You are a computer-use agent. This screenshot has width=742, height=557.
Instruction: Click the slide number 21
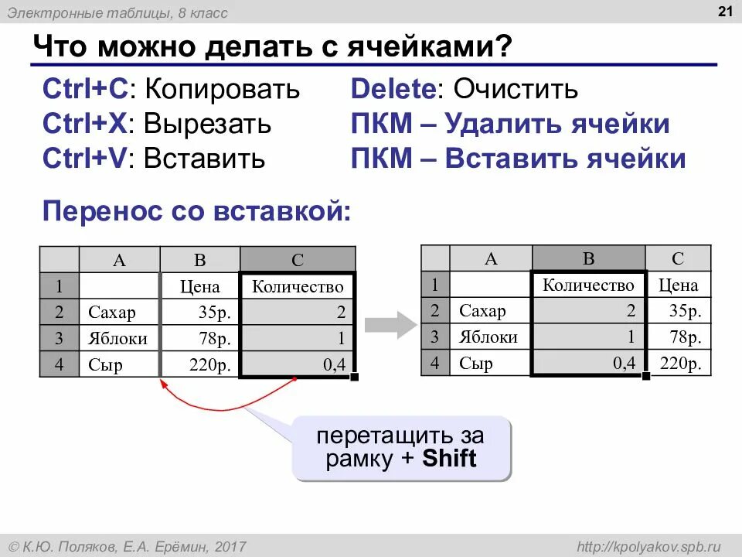pyautogui.click(x=725, y=11)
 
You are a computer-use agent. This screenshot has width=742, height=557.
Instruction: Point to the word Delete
pyautogui.click(x=392, y=89)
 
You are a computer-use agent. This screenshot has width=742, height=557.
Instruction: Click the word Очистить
pyautogui.click(x=516, y=89)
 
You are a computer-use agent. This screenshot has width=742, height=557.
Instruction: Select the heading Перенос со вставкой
pyautogui.click(x=196, y=210)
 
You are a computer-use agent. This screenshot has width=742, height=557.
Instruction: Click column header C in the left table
pyautogui.click(x=298, y=260)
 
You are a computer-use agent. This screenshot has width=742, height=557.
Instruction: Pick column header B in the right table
pyautogui.click(x=588, y=258)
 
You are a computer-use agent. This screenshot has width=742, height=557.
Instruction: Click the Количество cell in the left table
pyautogui.click(x=298, y=287)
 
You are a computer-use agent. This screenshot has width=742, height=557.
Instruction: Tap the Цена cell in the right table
pyautogui.click(x=678, y=285)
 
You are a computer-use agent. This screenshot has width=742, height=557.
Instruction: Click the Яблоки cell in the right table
pyautogui.click(x=489, y=337)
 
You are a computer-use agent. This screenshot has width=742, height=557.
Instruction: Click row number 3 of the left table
pyautogui.click(x=59, y=339)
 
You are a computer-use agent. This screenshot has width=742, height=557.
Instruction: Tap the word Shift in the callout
pyautogui.click(x=450, y=459)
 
